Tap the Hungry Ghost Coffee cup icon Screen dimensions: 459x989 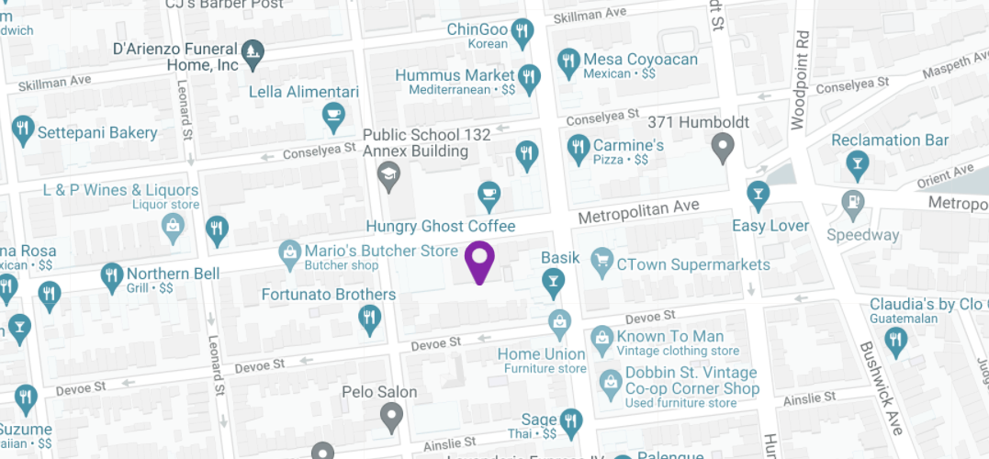(x=489, y=195)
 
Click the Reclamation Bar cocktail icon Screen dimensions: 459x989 (x=858, y=165)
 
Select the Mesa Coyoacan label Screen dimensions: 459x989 (x=641, y=60)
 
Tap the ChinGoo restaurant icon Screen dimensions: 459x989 (x=523, y=32)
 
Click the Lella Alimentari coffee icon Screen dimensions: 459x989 (x=332, y=116)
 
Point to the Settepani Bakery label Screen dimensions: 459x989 (x=97, y=132)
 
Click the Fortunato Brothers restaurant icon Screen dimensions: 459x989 (x=368, y=319)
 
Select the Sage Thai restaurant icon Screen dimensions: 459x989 (x=571, y=421)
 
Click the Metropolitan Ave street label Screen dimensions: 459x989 (x=638, y=212)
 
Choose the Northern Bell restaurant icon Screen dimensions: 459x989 (x=112, y=274)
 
